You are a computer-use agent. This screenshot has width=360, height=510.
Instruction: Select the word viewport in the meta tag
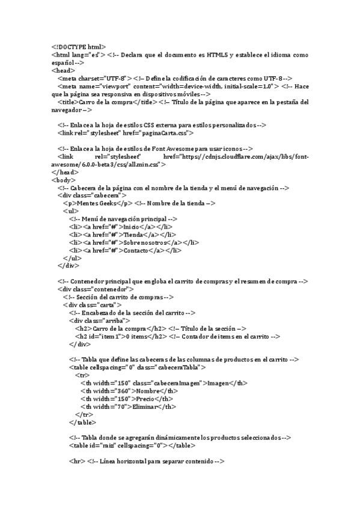[x=106, y=85]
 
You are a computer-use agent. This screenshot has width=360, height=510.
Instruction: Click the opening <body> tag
[x=64, y=179]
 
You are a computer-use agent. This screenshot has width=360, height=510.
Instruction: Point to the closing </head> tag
[x=65, y=171]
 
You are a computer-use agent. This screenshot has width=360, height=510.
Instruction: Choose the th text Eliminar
[x=147, y=406]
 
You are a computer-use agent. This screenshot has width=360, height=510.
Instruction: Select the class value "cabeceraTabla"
[x=180, y=367]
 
